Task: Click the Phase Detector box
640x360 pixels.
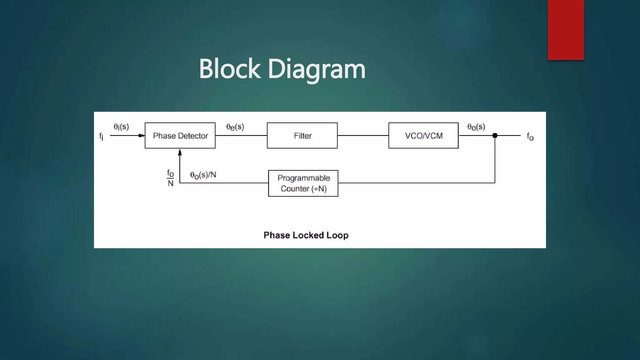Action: pos(180,136)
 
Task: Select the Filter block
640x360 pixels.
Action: pos(302,136)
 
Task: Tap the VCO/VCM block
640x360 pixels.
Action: pos(423,136)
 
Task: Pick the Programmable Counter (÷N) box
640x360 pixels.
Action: pos(303,183)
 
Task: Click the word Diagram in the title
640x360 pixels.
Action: pos(316,69)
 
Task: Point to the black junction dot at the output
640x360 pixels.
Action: pos(495,136)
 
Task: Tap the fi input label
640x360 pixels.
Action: pos(101,136)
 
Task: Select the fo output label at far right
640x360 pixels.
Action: pos(530,137)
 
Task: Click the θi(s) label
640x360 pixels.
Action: pos(121,127)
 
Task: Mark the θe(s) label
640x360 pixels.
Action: pos(235,127)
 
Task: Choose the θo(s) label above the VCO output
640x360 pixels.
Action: pos(476,127)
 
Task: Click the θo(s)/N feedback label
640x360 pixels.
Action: pos(203,175)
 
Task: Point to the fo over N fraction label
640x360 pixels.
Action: pos(170,178)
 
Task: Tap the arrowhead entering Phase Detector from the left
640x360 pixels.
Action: pos(142,136)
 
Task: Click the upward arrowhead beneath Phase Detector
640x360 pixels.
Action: pos(180,153)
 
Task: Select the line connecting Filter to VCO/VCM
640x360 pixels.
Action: pos(363,136)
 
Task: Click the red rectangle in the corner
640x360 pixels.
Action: pos(566,30)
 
